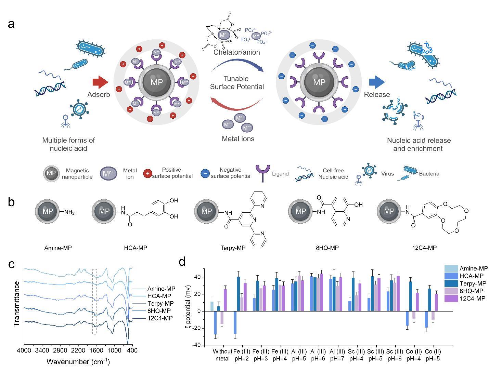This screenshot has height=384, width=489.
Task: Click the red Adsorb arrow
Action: coord(100,82)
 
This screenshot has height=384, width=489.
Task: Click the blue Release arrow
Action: coord(377,82)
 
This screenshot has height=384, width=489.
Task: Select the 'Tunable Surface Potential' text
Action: coord(237,83)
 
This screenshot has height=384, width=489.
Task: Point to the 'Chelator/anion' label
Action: coord(236,52)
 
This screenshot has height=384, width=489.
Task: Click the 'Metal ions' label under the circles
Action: coord(238,139)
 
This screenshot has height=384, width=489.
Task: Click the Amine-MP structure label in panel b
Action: coord(58,248)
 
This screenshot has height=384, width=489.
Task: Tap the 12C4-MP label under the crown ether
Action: coord(424,248)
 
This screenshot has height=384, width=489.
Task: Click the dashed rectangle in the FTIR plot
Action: coord(94,302)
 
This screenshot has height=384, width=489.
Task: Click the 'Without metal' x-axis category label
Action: coord(222,355)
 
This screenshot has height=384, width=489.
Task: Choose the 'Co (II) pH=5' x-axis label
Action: coord(433,355)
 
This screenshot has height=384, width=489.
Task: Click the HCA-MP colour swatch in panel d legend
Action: coord(451,276)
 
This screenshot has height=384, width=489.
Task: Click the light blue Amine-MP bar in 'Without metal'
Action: coord(212,306)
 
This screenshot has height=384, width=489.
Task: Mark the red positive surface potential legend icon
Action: coord(147,173)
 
